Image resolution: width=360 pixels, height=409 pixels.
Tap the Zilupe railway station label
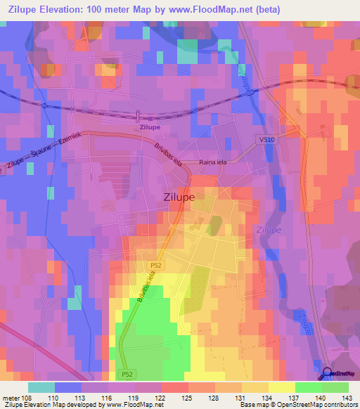pyautogui.click(x=150, y=128)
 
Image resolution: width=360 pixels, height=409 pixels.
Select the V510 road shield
pyautogui.click(x=266, y=141)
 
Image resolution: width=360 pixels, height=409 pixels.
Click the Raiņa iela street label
pyautogui.click(x=217, y=162)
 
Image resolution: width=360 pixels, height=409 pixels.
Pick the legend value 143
pyautogui.click(x=346, y=397)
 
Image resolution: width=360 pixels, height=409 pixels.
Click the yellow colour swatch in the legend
pyautogui.click(x=281, y=387)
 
